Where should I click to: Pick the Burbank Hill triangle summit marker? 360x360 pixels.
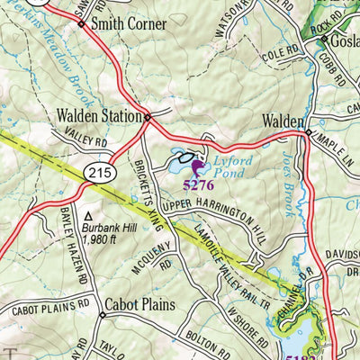88,217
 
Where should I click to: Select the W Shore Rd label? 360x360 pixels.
248,330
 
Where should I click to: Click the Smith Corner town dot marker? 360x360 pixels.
81,24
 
